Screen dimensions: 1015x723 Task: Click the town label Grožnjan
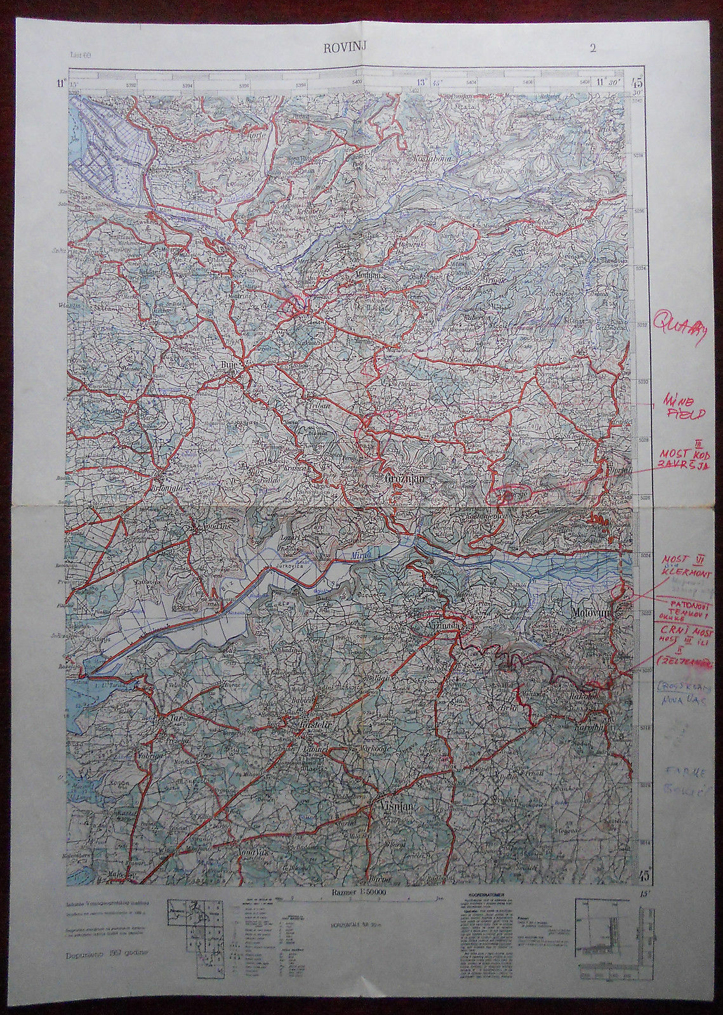click(404, 480)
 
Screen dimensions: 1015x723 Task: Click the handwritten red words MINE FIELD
click(683, 409)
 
